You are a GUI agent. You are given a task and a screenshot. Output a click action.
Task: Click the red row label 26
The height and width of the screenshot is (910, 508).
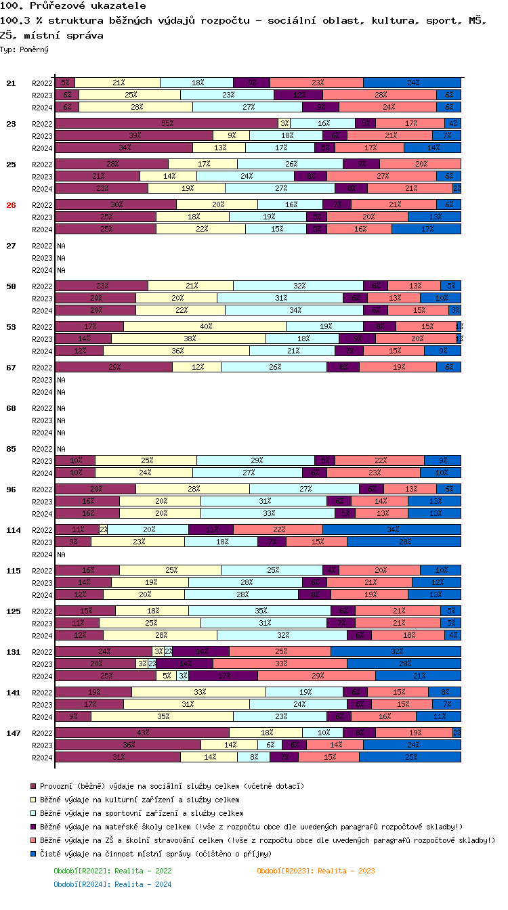click(x=11, y=205)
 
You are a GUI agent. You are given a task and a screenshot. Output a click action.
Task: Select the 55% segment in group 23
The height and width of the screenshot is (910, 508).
click(x=167, y=123)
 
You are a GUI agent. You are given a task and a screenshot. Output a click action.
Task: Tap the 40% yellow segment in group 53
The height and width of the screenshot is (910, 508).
click(x=205, y=326)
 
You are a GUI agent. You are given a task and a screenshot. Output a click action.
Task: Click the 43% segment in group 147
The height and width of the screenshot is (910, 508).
click(x=142, y=733)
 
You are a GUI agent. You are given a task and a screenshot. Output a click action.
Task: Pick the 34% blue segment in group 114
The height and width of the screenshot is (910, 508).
click(x=391, y=529)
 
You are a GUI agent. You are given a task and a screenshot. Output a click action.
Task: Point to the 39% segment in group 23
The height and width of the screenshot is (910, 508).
click(x=134, y=135)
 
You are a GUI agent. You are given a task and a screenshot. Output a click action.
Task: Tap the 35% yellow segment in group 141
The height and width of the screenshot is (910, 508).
click(x=163, y=716)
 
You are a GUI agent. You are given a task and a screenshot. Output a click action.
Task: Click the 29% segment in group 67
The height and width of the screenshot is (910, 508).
click(x=114, y=367)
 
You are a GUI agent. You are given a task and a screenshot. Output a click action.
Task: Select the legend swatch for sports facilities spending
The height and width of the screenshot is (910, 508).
click(x=33, y=813)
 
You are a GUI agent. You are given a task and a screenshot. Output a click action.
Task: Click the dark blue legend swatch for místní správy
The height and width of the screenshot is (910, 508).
click(x=33, y=854)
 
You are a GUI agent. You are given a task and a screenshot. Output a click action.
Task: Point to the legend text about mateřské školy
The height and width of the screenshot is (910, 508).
click(x=251, y=827)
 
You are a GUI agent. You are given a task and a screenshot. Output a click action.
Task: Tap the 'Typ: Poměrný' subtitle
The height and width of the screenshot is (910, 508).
click(x=24, y=49)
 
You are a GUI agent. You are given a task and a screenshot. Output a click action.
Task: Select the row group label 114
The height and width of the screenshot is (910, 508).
click(x=14, y=530)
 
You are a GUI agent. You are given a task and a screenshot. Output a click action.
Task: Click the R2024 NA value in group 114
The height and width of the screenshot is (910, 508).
click(x=61, y=555)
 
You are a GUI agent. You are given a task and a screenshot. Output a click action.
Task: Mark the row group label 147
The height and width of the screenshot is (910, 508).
click(x=14, y=733)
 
